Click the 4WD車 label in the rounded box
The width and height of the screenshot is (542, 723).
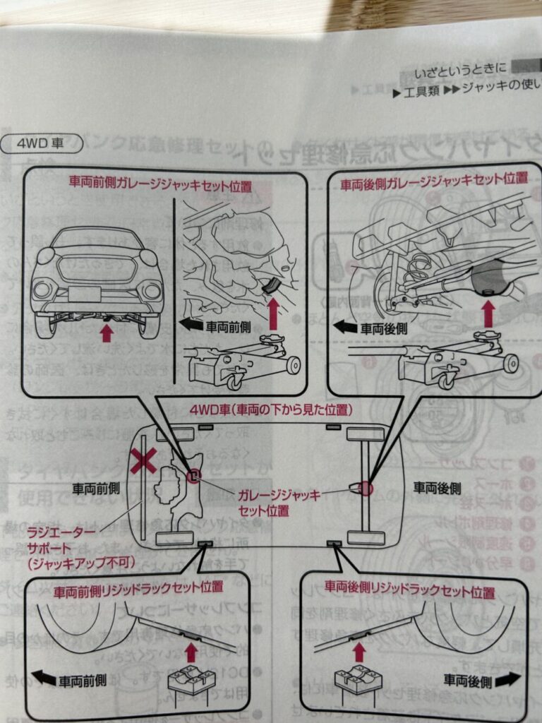[42, 143]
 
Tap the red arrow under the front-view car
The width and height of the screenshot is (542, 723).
[106, 332]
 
